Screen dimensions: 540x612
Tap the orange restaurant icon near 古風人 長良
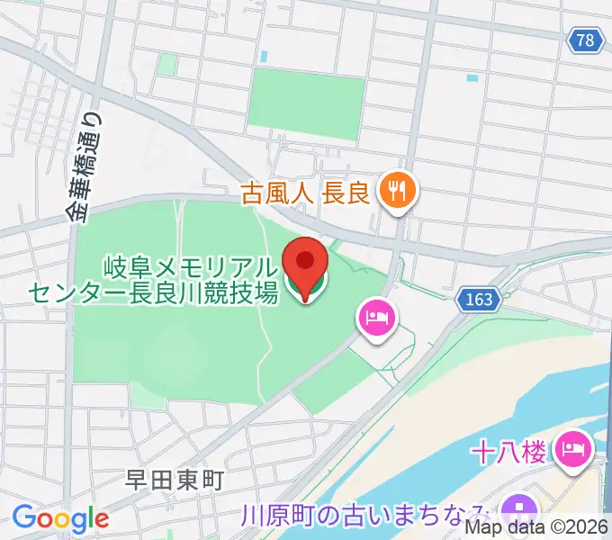pos(395,191)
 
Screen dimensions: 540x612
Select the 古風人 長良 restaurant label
pos(306,192)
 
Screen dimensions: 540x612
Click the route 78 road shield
pos(586,39)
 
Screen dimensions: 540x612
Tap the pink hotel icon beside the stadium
pos(373,318)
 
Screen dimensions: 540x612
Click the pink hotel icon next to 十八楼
pos(573,446)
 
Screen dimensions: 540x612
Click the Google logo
pos(59,518)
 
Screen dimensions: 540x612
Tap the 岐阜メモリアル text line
pos(190,266)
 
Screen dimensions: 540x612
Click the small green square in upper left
pos(167,64)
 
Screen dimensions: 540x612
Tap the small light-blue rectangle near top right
pos(472,78)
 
